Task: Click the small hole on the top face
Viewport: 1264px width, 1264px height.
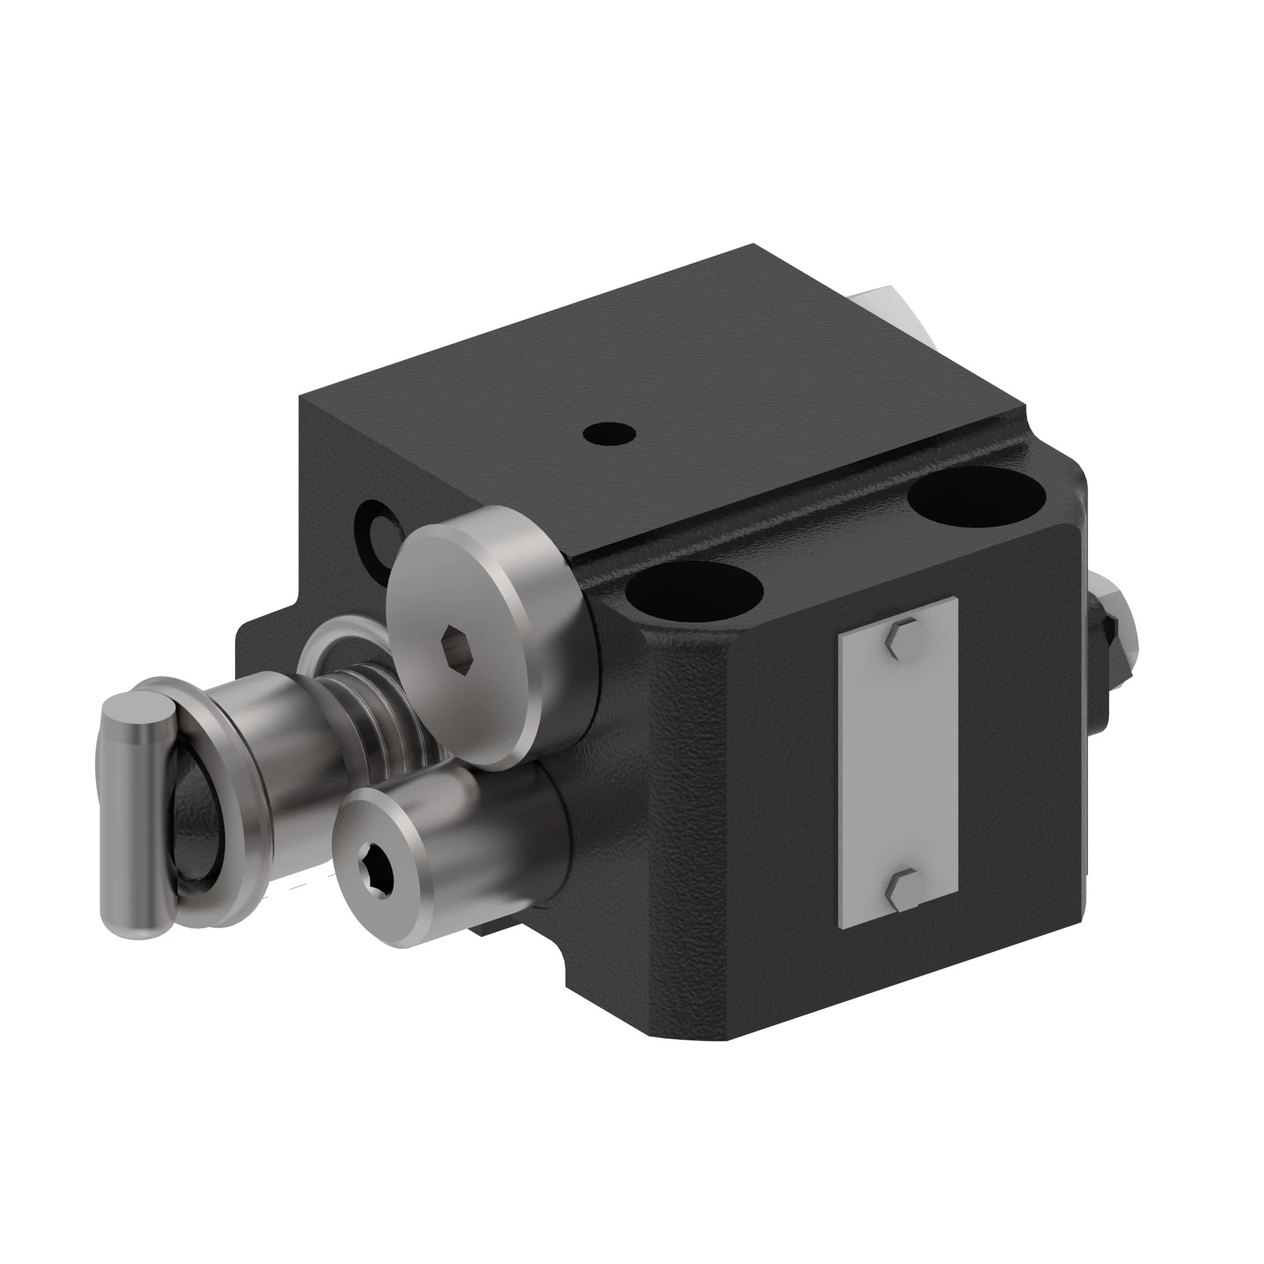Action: pos(609,433)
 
